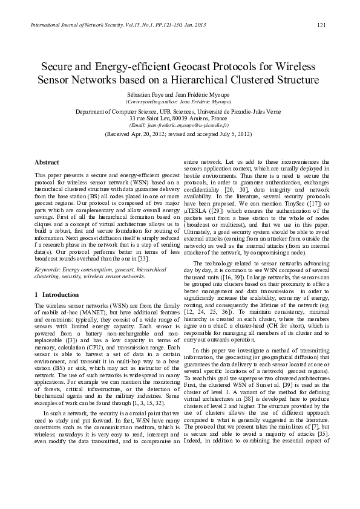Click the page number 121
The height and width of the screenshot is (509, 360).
click(322, 24)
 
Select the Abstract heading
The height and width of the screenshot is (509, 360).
click(47, 163)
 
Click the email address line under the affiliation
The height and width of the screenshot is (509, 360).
click(180, 125)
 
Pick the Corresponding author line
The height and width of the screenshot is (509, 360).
click(180, 103)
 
